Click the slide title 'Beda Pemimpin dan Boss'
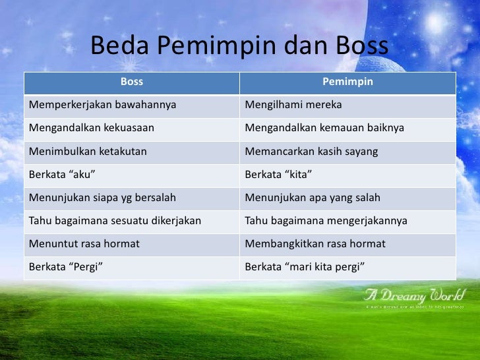point(239,47)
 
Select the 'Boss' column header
point(132,82)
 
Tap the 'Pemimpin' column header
point(347,82)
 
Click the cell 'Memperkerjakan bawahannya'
point(103,105)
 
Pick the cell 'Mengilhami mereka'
point(293,105)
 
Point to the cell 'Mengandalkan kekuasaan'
point(92,129)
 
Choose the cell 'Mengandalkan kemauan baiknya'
point(324,129)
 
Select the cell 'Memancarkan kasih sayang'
point(311,152)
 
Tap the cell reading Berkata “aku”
point(57,175)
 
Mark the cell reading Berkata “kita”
point(278,175)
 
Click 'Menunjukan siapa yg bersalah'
point(102,198)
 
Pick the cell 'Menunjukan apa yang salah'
point(313,198)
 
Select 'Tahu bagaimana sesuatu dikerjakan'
point(115,221)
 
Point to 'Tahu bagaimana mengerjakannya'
point(326,221)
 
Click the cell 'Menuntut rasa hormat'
point(84,244)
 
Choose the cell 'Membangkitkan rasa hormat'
point(315,244)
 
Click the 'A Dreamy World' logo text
point(415,295)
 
